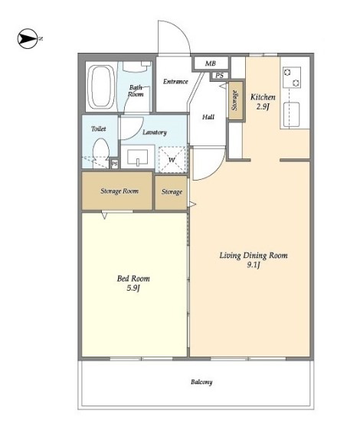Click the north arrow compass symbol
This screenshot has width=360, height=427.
click(x=28, y=38)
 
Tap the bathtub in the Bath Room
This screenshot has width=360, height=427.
click(x=102, y=86)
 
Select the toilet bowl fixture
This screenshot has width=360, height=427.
click(x=101, y=153)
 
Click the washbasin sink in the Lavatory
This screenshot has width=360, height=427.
click(x=138, y=157)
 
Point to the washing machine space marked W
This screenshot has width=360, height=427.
click(x=172, y=160)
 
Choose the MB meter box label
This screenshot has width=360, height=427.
click(x=211, y=64)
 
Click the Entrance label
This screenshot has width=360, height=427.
click(x=175, y=81)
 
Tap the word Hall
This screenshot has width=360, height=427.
click(x=208, y=117)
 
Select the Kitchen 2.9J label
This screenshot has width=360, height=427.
click(x=263, y=101)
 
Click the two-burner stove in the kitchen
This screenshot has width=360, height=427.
click(x=292, y=77)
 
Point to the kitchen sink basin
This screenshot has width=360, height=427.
click(x=291, y=114)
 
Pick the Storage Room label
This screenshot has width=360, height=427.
click(x=119, y=191)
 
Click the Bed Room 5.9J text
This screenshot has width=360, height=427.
click(x=133, y=283)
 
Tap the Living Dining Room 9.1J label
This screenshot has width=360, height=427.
click(x=254, y=259)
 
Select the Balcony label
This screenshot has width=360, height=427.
click(x=201, y=382)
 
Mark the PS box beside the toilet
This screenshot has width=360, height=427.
click(x=115, y=164)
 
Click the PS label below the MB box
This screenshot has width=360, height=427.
click(x=219, y=76)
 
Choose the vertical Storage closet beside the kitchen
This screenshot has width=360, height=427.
click(x=236, y=101)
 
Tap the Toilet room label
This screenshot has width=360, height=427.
click(x=98, y=129)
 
